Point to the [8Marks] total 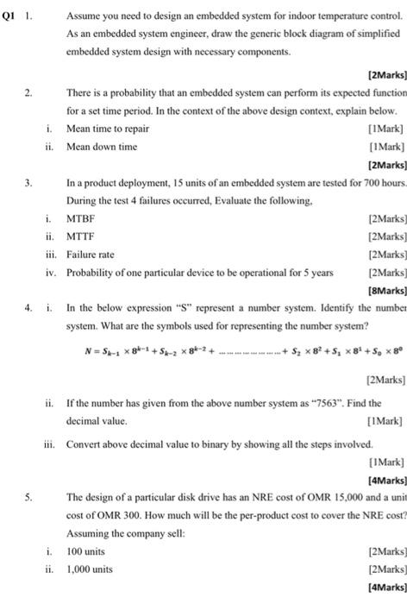386,290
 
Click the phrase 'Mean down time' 101,146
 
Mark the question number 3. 28,182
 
